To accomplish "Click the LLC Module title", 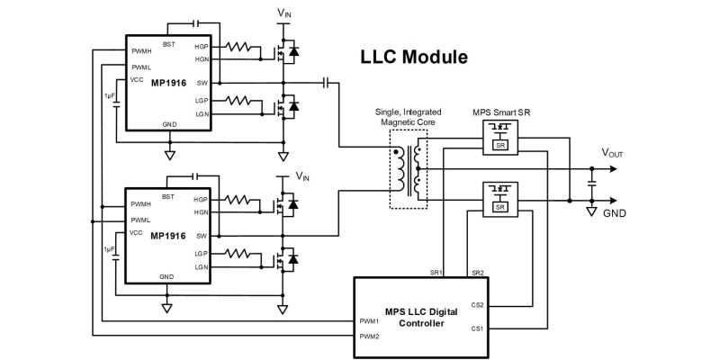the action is point(414,58).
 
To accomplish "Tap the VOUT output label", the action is point(613,153).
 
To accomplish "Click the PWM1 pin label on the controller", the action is point(369,321).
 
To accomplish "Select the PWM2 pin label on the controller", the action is point(369,336).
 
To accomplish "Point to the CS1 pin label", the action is point(477,328).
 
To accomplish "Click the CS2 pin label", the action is point(477,304).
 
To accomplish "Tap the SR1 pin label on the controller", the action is point(436,273).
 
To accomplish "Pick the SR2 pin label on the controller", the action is point(478,273).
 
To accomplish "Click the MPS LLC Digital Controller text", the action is point(421,318).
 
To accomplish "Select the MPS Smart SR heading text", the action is point(501,112).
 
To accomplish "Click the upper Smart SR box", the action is point(500,138).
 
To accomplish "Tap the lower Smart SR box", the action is point(500,199).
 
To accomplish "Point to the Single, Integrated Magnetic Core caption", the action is point(409,117).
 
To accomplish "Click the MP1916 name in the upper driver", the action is point(168,83).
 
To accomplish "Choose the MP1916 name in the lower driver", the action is point(168,236).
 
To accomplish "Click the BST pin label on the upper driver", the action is point(168,44).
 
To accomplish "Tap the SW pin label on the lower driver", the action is point(202,236).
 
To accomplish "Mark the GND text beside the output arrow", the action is point(615,213).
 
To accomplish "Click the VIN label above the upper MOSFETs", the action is point(284,13).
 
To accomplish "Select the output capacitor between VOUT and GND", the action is point(591,184).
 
